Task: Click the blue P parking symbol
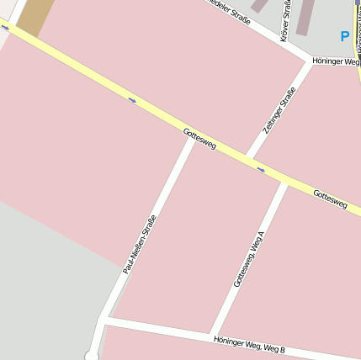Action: (x=344, y=36)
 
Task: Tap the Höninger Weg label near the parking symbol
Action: (x=335, y=61)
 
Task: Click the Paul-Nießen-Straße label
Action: (x=140, y=244)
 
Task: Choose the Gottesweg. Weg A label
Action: (x=250, y=259)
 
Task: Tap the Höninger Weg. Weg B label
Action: (x=249, y=344)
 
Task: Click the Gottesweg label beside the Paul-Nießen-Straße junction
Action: (x=199, y=140)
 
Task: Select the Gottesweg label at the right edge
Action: (x=329, y=199)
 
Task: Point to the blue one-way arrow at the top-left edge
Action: (x=5, y=28)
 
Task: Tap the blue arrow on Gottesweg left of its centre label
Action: (x=132, y=101)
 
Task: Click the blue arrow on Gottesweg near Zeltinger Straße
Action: (x=261, y=170)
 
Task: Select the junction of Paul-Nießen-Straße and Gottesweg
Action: (x=194, y=136)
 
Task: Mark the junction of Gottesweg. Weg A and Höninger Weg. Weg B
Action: (x=214, y=335)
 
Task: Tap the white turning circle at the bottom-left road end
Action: (x=91, y=356)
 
